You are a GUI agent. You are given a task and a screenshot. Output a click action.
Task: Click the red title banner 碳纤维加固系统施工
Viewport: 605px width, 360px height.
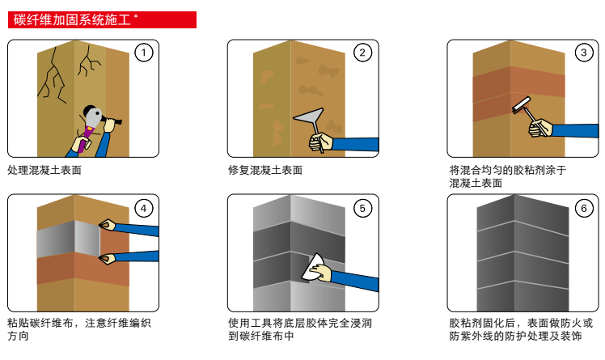point(102,19)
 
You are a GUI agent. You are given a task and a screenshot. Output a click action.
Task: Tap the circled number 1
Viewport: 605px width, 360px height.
point(142,53)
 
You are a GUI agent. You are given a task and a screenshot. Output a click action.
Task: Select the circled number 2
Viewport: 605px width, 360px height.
point(362,53)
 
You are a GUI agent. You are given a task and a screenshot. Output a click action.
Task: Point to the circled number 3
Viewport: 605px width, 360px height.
point(582,53)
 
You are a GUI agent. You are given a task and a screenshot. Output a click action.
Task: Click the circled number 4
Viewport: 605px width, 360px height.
point(142,208)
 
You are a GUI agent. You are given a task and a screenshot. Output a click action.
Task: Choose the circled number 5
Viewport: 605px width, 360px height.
point(362,208)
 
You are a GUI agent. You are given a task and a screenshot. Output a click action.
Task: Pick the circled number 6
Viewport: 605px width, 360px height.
point(582,208)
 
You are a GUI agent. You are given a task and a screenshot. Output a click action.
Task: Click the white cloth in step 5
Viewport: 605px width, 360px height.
point(315,268)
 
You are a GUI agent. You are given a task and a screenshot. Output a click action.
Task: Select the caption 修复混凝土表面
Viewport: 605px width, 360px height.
point(265,171)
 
